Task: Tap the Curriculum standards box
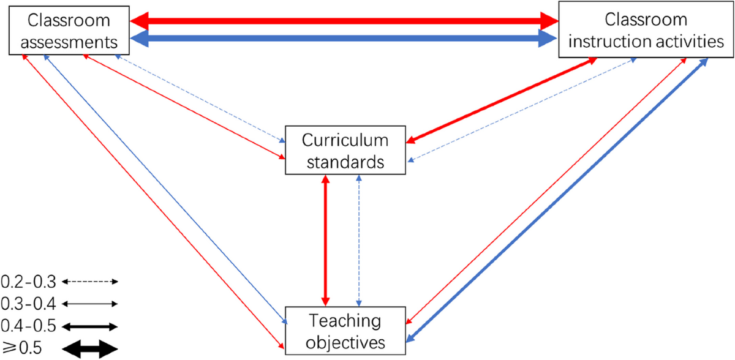click(x=345, y=151)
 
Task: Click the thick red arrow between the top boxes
click(x=344, y=20)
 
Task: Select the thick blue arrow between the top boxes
click(x=344, y=40)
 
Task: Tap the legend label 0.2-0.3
click(x=28, y=282)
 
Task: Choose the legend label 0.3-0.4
click(x=28, y=304)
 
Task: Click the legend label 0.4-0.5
click(x=28, y=325)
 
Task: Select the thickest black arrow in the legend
click(x=89, y=349)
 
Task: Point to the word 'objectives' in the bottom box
click(x=345, y=341)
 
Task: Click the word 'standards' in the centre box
click(x=345, y=162)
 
